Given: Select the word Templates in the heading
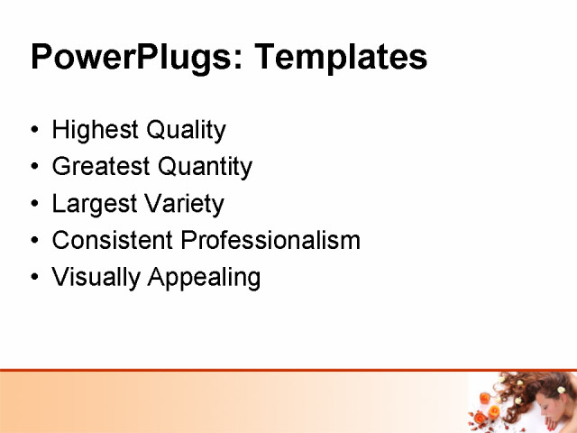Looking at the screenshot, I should pos(340,58).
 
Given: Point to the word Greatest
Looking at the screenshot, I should pos(101,167).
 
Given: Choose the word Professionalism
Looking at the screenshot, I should pos(270,241).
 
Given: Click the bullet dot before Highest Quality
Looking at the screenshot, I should pos(34,131).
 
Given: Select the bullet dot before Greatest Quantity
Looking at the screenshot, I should pos(34,168).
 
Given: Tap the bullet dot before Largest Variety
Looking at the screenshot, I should pos(34,204).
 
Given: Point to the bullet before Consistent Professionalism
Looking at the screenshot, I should pos(34,241).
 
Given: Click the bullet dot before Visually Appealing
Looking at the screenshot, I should pos(34,278).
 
